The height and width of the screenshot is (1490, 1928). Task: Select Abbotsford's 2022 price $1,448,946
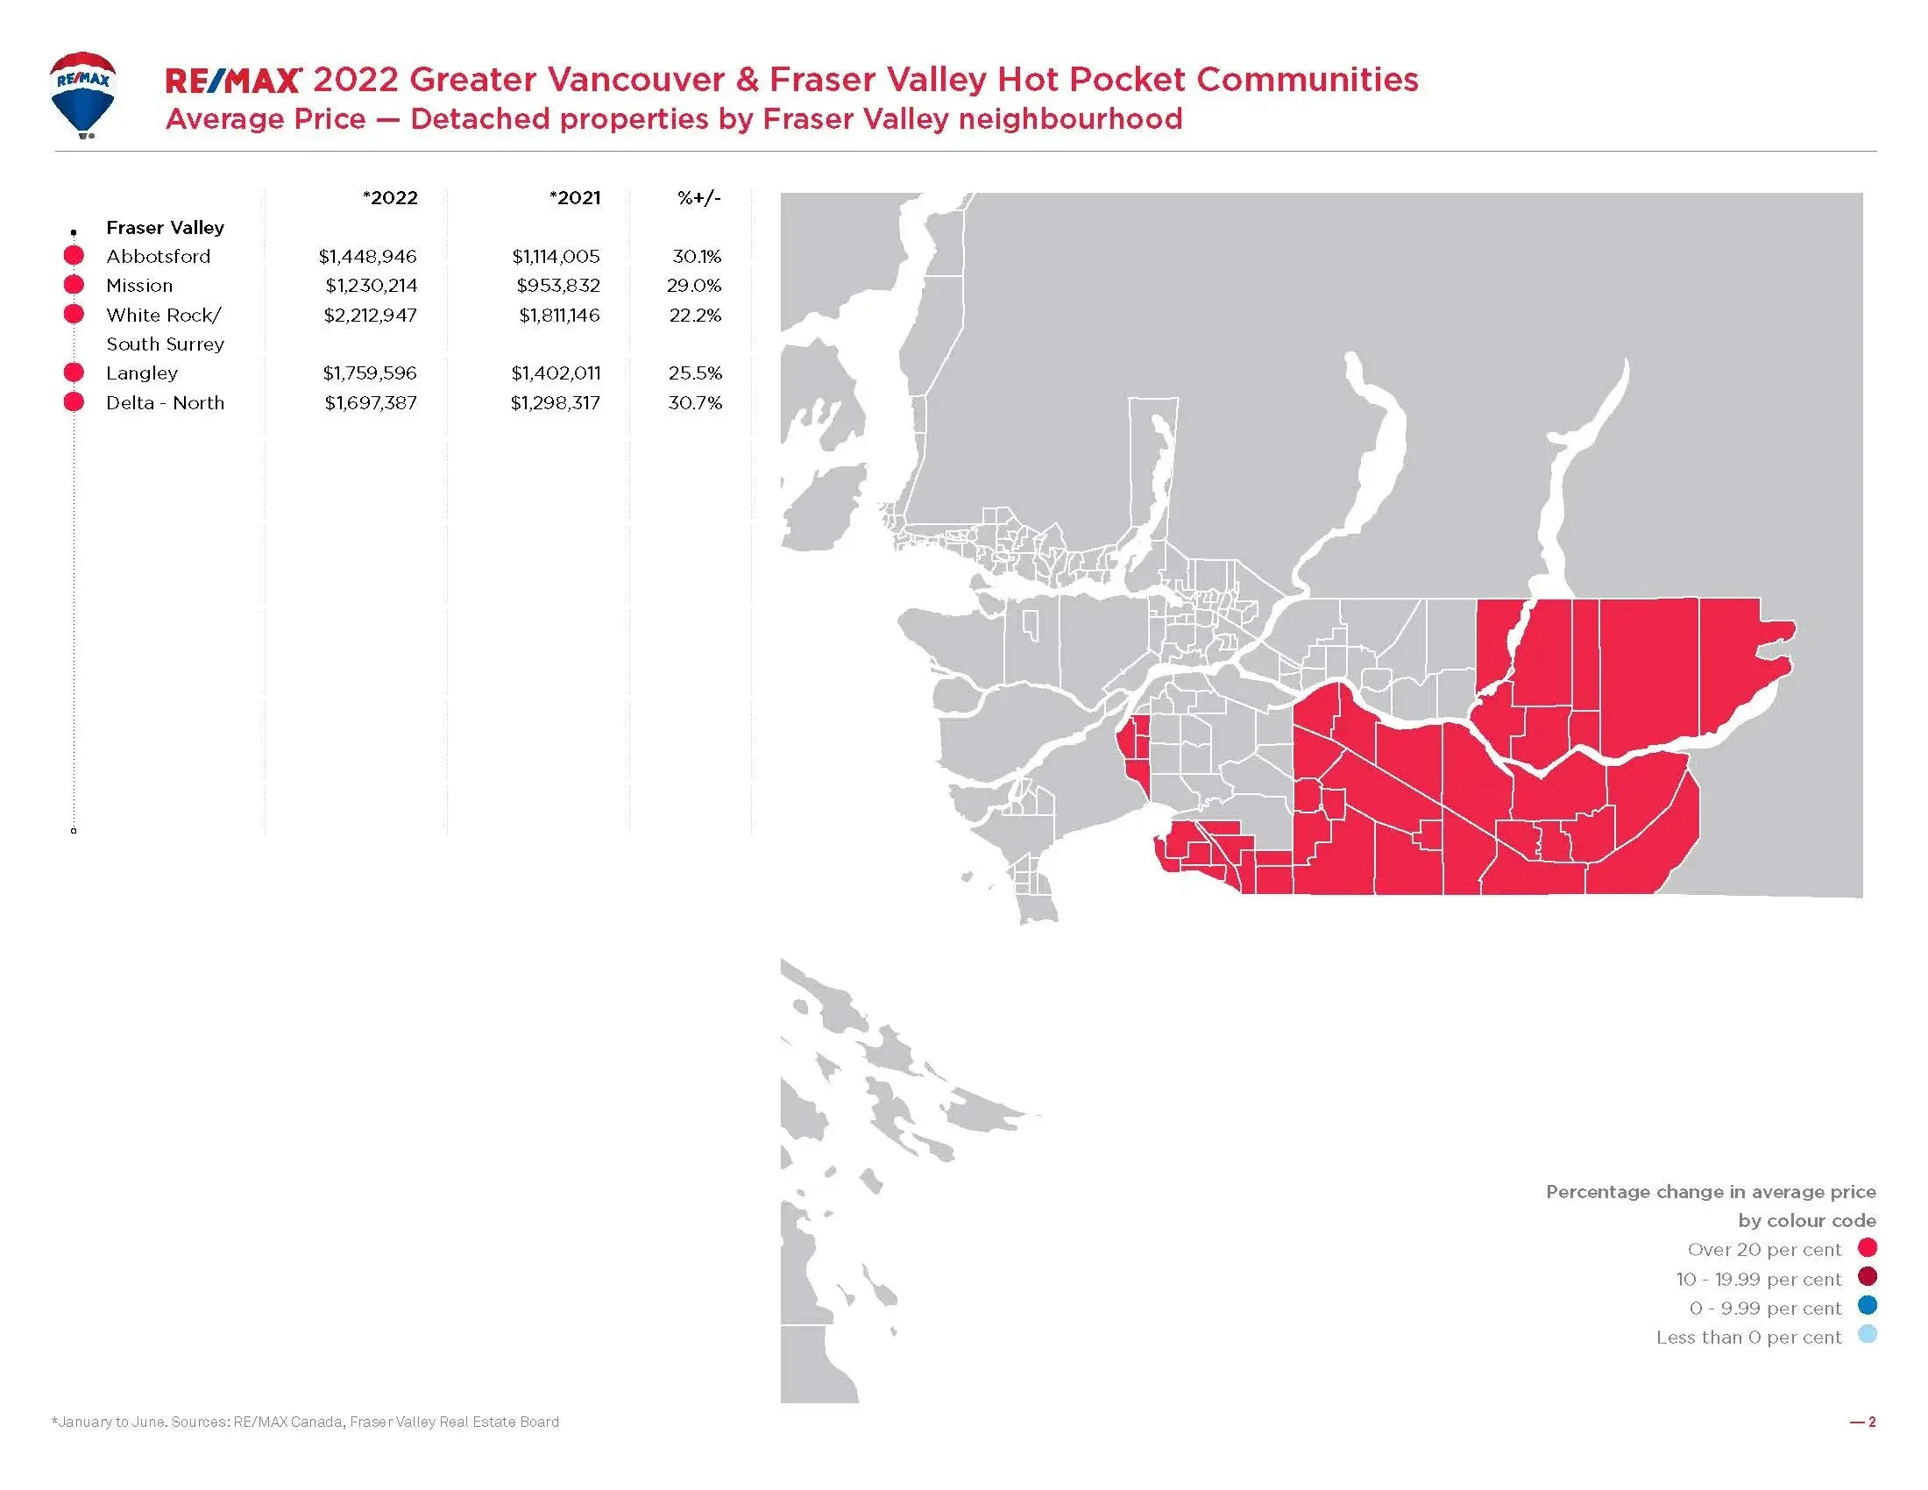[367, 257]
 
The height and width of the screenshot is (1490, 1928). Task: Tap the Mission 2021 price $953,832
[558, 286]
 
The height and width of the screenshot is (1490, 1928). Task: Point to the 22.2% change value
[695, 316]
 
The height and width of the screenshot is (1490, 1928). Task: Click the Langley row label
[142, 373]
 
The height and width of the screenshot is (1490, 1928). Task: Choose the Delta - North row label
[165, 403]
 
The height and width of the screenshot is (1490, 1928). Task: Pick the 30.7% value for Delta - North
[695, 403]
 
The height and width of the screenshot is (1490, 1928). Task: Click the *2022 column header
[390, 198]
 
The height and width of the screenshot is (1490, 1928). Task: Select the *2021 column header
[575, 198]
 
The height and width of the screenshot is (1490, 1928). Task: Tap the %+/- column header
[699, 198]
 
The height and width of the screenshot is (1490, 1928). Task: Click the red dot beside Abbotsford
[74, 256]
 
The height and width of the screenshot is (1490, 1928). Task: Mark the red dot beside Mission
[74, 285]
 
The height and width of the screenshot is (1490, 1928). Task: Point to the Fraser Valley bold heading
[165, 228]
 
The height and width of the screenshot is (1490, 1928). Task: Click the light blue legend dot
[1867, 1335]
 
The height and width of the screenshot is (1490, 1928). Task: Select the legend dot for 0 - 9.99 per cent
[1867, 1306]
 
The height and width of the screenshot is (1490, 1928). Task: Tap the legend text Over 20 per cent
[1764, 1250]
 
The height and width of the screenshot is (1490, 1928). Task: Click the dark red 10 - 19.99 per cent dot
[1867, 1276]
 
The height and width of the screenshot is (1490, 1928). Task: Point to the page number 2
[1872, 1422]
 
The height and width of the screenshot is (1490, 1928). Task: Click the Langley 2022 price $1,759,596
[369, 373]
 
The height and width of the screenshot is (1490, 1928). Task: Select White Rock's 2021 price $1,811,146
[559, 316]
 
